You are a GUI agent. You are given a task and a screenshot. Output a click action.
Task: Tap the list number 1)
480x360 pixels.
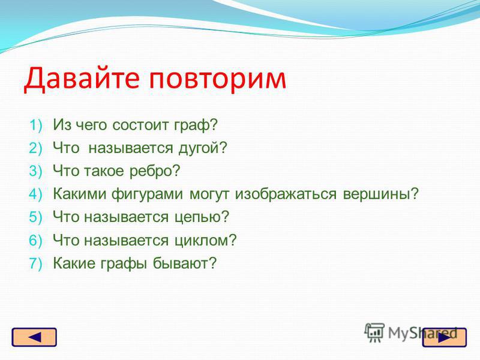tap(36, 125)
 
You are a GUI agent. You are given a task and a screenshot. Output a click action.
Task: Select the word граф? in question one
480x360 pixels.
tap(196, 125)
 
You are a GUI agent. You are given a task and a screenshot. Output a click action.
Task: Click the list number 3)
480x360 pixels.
tap(35, 171)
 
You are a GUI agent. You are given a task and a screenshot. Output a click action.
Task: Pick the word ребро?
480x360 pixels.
tap(155, 171)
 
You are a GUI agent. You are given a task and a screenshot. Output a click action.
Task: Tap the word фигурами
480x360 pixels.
tap(147, 194)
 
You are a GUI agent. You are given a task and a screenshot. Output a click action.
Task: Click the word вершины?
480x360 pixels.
tap(380, 194)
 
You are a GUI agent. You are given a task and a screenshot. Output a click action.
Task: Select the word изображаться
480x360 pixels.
tap(286, 194)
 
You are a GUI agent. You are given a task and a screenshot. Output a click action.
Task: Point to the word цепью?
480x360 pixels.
tap(202, 217)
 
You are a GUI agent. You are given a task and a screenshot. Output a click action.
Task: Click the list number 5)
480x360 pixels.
tap(35, 217)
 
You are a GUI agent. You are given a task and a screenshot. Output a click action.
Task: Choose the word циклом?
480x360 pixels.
tap(206, 241)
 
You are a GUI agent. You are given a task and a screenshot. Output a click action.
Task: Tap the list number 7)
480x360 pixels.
tap(35, 263)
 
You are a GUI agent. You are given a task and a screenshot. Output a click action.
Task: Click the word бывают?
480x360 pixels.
tap(185, 263)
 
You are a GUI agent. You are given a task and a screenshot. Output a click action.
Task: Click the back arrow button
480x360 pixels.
tap(34, 337)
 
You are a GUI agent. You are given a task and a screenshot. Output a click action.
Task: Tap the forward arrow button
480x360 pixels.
tap(445, 337)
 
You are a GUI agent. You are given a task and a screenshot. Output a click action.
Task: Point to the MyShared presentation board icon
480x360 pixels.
tap(374, 332)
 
